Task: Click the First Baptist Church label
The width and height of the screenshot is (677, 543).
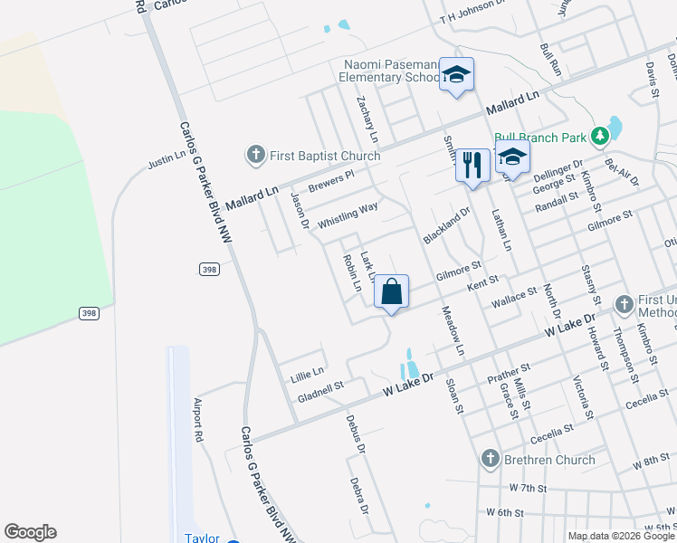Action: tap(325, 156)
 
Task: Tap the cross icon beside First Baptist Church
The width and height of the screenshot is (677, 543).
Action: tap(256, 156)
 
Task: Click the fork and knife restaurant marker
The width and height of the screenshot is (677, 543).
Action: tap(472, 165)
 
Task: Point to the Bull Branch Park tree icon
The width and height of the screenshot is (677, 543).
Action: tap(598, 137)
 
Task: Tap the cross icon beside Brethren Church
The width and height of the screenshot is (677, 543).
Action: tap(491, 459)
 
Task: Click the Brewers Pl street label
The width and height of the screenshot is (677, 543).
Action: tap(330, 182)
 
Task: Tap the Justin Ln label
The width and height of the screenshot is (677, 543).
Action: tap(166, 162)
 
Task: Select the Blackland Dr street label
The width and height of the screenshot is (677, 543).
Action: tap(447, 227)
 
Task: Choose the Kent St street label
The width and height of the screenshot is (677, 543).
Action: tap(482, 283)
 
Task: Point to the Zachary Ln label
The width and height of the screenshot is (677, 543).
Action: tap(367, 119)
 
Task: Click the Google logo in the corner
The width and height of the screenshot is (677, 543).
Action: tap(30, 532)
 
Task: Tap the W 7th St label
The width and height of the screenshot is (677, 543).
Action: tap(528, 488)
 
